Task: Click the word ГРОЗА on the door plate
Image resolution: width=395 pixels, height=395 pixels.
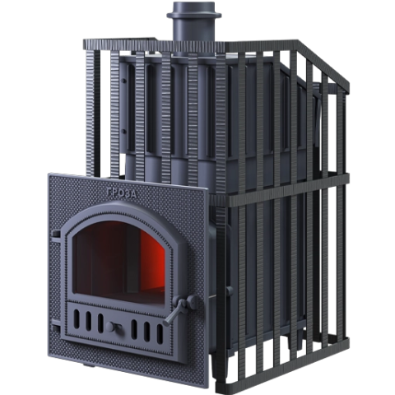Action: click(x=122, y=193)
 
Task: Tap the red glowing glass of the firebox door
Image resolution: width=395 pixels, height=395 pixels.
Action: click(x=120, y=263)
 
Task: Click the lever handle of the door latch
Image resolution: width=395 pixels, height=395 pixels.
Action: click(x=174, y=314)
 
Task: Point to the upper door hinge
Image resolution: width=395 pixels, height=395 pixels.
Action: click(x=56, y=235)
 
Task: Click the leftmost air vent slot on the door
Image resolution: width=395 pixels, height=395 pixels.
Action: click(x=77, y=319)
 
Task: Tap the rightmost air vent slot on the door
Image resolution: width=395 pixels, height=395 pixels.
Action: click(x=160, y=333)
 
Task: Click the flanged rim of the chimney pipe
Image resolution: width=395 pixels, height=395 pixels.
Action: click(x=194, y=15)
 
